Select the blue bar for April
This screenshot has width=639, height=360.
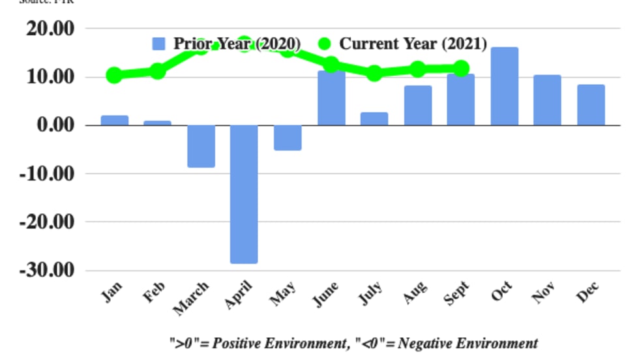pyautogui.click(x=244, y=194)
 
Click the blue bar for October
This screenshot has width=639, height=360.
pyautogui.click(x=505, y=86)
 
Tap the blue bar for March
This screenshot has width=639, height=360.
pyautogui.click(x=201, y=146)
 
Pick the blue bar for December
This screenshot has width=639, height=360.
pyautogui.click(x=591, y=105)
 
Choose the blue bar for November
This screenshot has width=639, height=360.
pyautogui.click(x=548, y=100)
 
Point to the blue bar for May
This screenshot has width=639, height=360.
pyautogui.click(x=288, y=138)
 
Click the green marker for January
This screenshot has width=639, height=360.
pyautogui.click(x=114, y=75)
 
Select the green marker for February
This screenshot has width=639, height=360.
pyautogui.click(x=157, y=70)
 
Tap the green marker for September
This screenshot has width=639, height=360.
pyautogui.click(x=461, y=68)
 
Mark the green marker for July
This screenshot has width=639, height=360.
pyautogui.click(x=374, y=73)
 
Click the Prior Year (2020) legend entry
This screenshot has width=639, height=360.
pyautogui.click(x=226, y=44)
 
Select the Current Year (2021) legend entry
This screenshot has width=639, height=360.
pyautogui.click(x=402, y=44)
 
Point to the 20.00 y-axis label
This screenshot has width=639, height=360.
pyautogui.click(x=50, y=29)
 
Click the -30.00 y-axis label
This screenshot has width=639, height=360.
pyautogui.click(x=47, y=269)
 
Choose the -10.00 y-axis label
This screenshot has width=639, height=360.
pyautogui.click(x=47, y=173)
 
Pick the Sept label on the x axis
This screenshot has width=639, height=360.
pyautogui.click(x=458, y=293)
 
